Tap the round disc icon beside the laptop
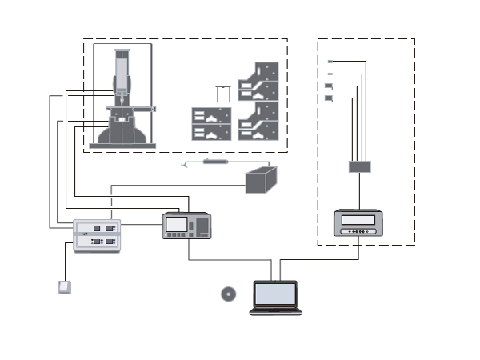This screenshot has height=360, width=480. pos(228,294)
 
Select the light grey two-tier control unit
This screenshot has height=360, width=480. pos(96,235)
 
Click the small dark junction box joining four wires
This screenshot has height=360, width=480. pos(359,166)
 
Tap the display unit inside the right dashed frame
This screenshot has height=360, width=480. pos(358,222)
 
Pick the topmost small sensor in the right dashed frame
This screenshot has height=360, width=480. pos(330,62)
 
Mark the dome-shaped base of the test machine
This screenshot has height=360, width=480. pos(121,133)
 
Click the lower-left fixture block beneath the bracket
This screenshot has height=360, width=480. pos(211,125)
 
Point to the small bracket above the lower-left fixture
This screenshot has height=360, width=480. pos(223,92)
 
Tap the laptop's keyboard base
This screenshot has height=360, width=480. pos(275,310)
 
